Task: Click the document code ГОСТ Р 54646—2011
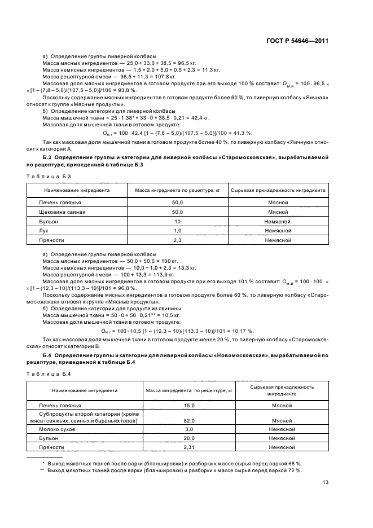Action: pyautogui.click(x=297, y=41)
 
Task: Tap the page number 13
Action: pyautogui.click(x=325, y=482)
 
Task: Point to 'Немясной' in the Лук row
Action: pyautogui.click(x=277, y=231)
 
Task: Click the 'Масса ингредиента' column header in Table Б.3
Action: pyautogui.click(x=177, y=190)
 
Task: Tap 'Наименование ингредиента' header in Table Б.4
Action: pyautogui.click(x=85, y=390)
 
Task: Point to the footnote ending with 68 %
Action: pyautogui.click(x=172, y=463)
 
